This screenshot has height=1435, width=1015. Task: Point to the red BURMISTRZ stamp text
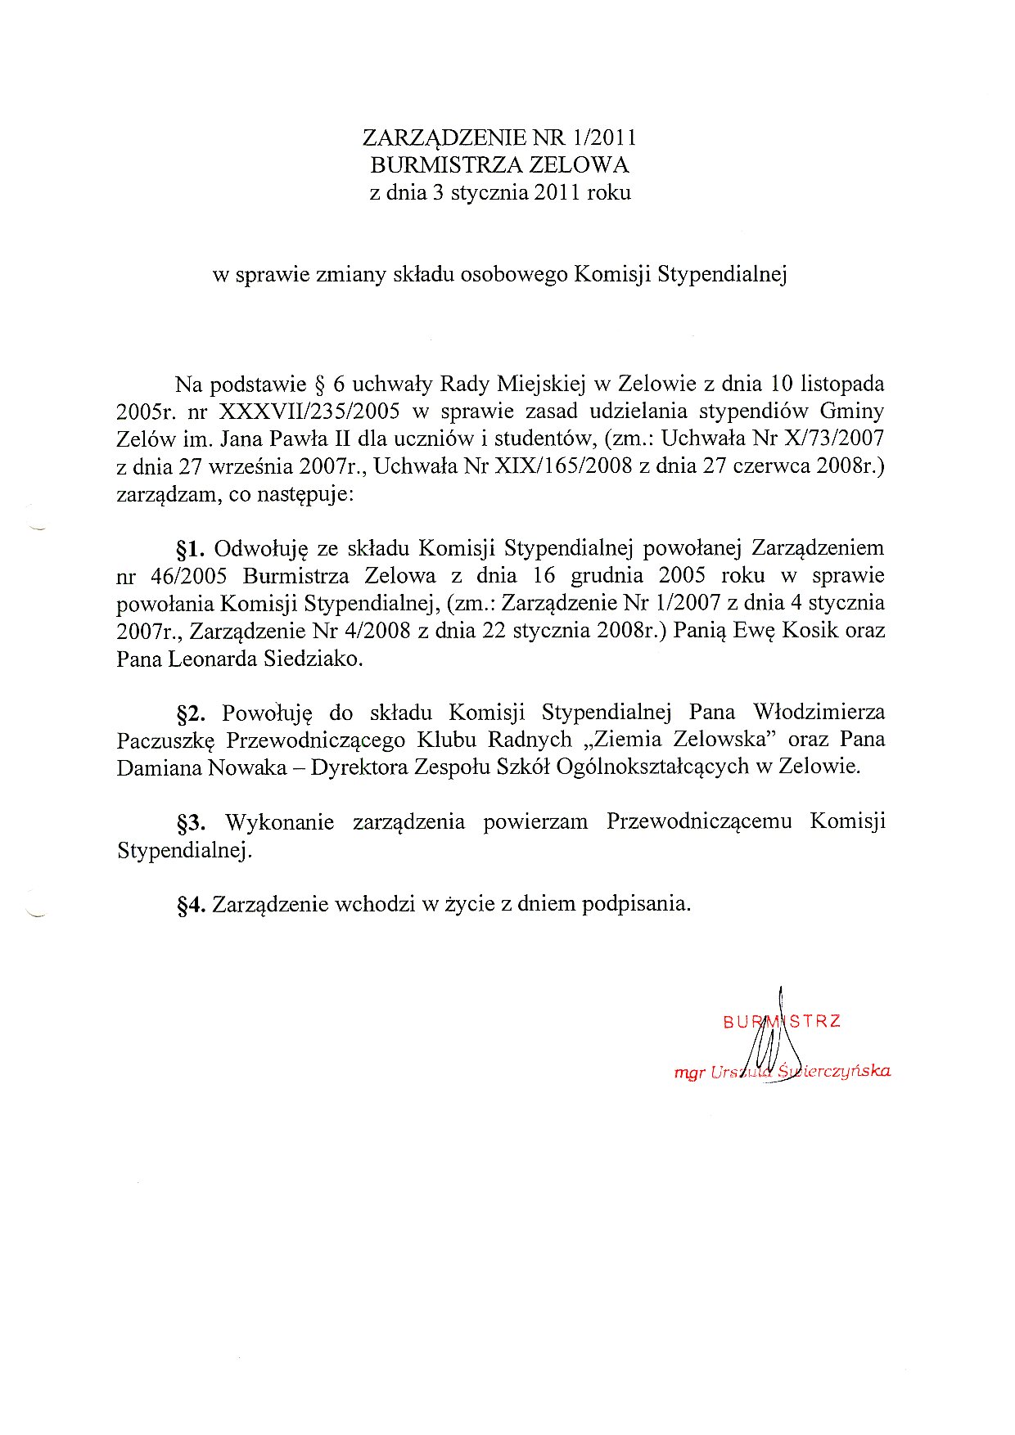tap(782, 1021)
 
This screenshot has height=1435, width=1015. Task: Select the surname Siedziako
tap(312, 659)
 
